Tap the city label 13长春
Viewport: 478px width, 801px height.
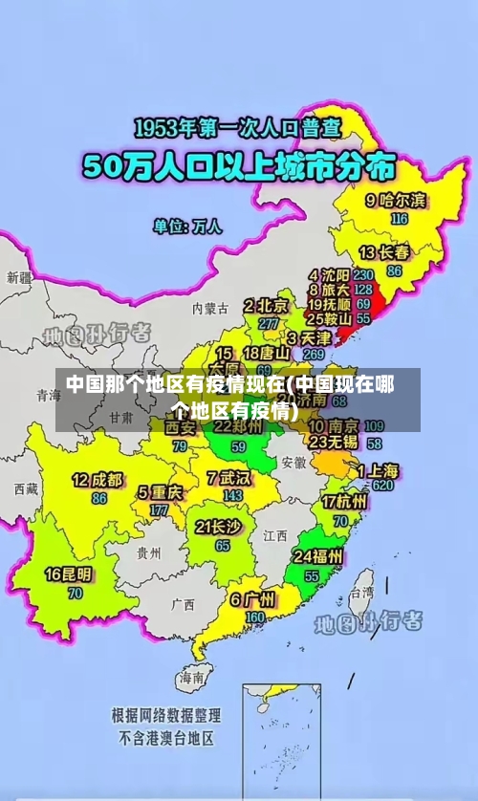click(384, 252)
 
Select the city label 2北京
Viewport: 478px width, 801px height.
click(266, 306)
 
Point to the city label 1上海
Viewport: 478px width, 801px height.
click(379, 470)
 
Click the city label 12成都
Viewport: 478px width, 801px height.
click(98, 479)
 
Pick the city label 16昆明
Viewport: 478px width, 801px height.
click(71, 574)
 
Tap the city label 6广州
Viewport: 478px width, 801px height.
click(252, 599)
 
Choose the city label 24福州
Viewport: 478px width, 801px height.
click(318, 556)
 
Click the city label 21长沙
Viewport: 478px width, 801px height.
click(218, 527)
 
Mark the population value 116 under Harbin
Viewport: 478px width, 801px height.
click(400, 218)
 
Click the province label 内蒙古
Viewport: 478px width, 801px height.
click(210, 309)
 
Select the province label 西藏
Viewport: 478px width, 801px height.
click(26, 488)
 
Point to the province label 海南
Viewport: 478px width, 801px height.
click(191, 677)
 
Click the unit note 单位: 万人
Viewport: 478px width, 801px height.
click(187, 227)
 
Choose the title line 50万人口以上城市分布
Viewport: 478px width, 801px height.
click(239, 167)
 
